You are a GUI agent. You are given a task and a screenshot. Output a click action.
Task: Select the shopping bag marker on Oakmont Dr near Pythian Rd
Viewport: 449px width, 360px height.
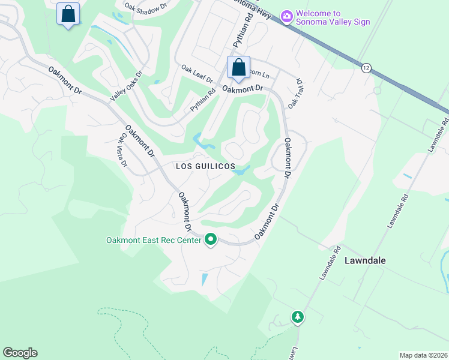coord(238,68)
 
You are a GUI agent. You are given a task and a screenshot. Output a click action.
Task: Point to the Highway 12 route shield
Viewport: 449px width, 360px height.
coord(366,67)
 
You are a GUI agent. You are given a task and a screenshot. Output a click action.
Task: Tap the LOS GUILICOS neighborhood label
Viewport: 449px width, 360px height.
coord(205,166)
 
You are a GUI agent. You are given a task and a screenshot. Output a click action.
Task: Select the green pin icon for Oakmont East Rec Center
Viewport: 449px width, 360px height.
coord(211,239)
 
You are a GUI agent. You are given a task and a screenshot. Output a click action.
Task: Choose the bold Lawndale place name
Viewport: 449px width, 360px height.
coord(365,260)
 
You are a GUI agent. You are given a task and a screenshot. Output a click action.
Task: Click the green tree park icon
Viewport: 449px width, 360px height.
coord(297,317)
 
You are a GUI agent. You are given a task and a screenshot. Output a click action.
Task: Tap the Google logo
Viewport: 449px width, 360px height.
coord(20,353)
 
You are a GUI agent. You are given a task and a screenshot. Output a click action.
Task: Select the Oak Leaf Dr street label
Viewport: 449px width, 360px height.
coord(197,74)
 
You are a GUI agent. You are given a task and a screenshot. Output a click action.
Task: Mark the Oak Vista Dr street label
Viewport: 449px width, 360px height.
coord(121,154)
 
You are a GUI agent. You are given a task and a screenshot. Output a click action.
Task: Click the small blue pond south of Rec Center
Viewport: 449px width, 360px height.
coord(205,278)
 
